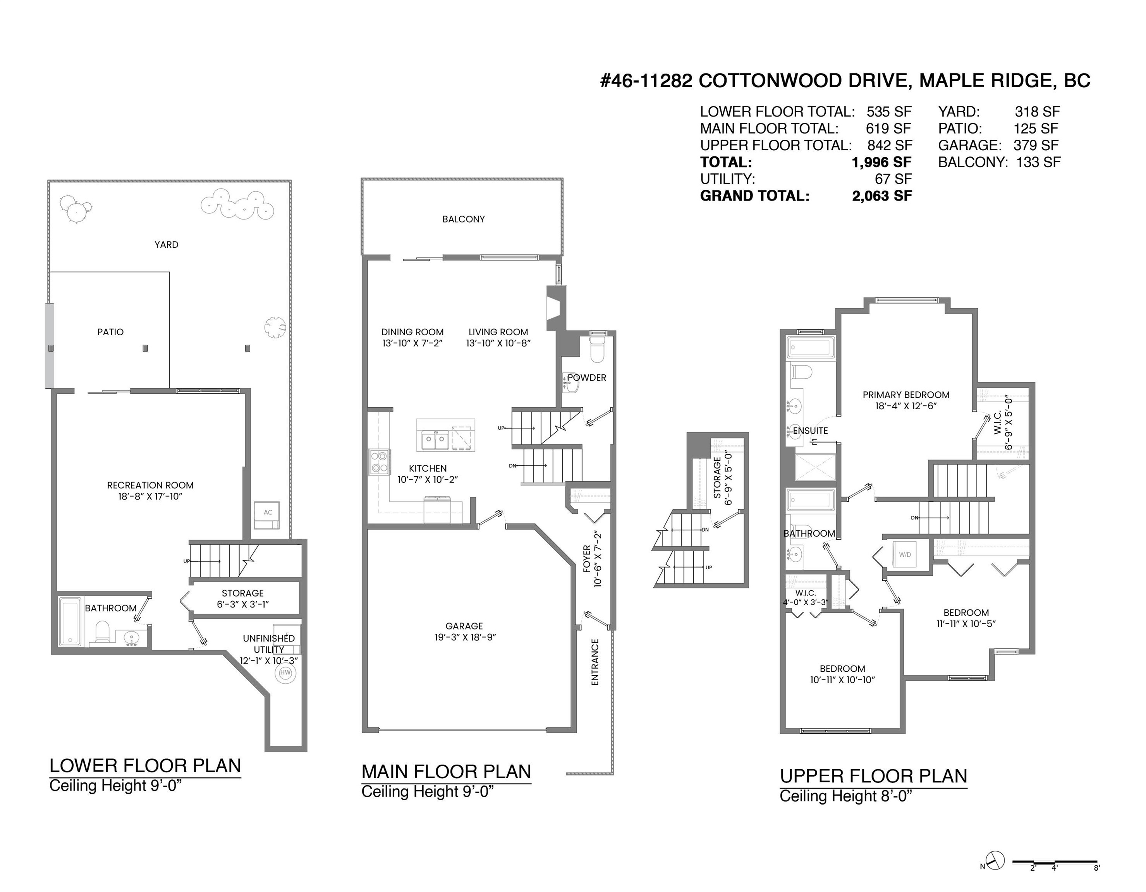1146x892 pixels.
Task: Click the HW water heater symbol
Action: pos(285,672)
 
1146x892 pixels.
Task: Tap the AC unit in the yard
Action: pos(267,515)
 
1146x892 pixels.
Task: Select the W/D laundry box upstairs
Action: pos(905,554)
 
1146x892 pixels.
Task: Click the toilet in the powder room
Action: pos(598,349)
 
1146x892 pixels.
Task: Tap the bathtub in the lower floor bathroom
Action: pos(70,621)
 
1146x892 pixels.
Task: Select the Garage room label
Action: pos(464,626)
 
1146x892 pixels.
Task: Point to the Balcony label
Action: pos(463,219)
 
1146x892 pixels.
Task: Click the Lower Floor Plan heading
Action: pos(145,766)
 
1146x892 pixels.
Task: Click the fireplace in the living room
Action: pos(556,308)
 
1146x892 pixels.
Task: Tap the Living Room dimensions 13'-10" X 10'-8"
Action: pos(498,343)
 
